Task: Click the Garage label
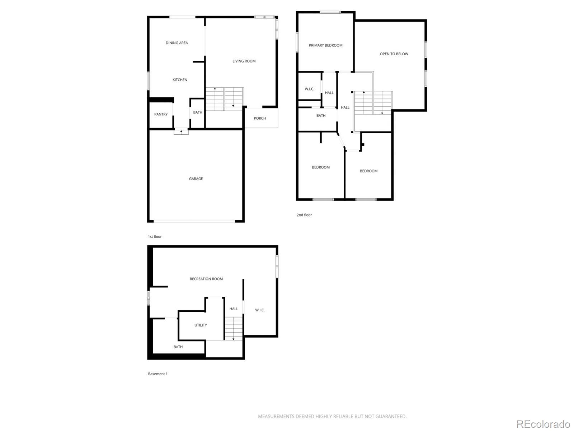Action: click(196, 179)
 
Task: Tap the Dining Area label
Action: click(177, 43)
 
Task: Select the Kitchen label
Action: click(180, 80)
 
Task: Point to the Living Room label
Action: click(244, 61)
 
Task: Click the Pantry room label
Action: click(161, 114)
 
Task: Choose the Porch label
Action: click(260, 118)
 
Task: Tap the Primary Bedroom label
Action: click(325, 45)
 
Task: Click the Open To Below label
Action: click(394, 54)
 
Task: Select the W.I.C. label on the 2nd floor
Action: click(309, 89)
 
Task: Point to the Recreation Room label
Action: click(206, 279)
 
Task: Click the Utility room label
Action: click(201, 325)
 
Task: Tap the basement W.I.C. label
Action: click(260, 310)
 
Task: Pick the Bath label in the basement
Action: click(178, 347)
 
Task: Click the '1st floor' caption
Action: click(155, 237)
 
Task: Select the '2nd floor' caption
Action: click(304, 215)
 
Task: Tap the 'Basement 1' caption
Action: click(158, 374)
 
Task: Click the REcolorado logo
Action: click(543, 424)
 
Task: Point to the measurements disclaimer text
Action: click(332, 416)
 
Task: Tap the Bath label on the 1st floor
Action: click(198, 112)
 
